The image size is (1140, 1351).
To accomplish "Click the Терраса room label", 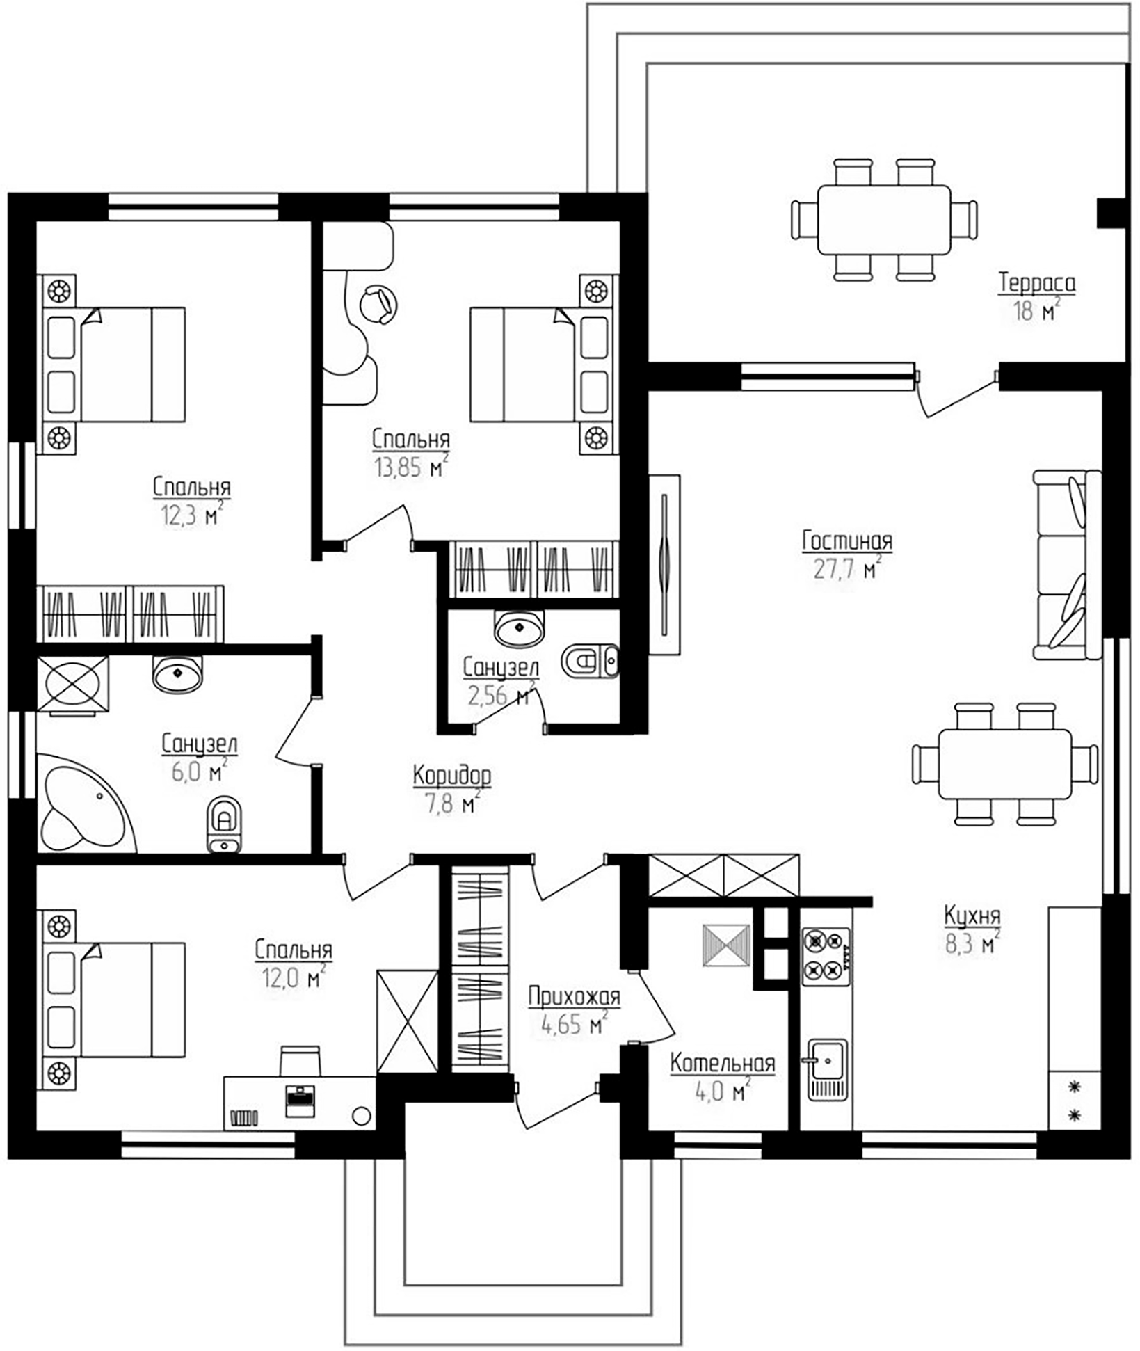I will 1036,283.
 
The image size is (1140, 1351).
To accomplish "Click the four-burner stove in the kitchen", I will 826,956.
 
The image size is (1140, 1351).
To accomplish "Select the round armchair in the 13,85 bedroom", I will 378,304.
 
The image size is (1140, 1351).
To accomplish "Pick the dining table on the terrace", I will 883,220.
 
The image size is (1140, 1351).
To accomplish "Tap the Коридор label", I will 451,775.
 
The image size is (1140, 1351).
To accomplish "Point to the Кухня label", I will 972,916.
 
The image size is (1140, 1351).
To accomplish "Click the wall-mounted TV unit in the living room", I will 664,564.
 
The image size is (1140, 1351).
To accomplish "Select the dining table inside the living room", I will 1004,764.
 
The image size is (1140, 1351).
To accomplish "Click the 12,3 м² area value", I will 188,517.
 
